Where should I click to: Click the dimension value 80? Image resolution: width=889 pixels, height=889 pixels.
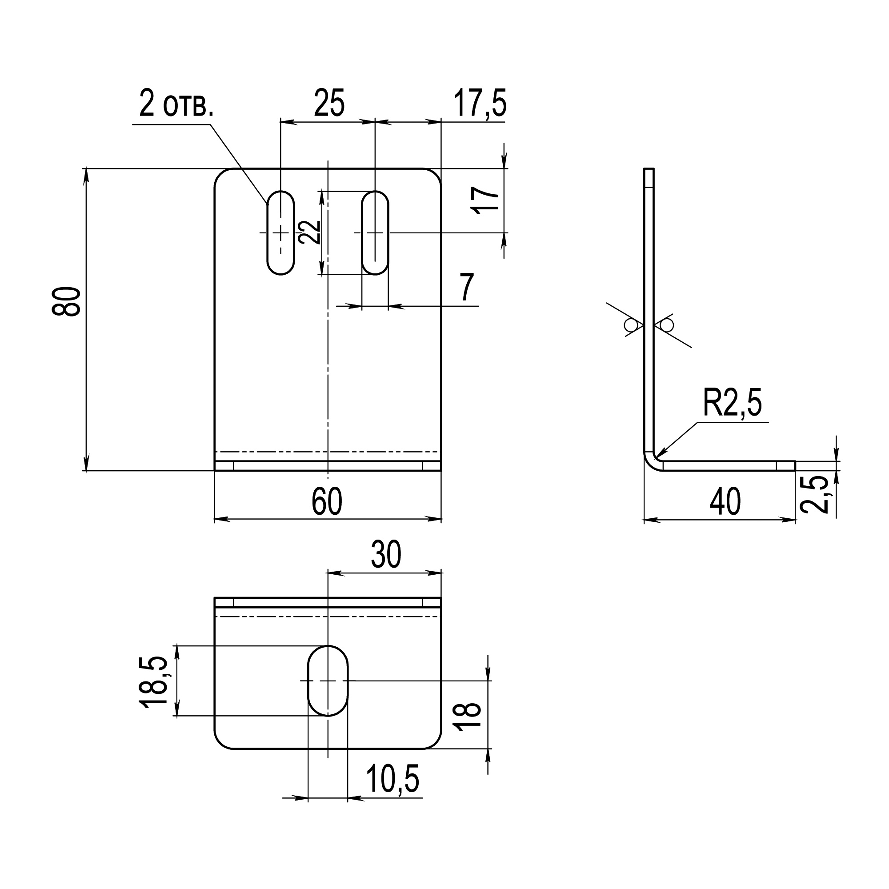coord(67,301)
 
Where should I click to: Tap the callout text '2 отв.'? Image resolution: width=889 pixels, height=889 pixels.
coord(176,105)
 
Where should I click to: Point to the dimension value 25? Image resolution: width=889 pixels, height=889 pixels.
coord(329,104)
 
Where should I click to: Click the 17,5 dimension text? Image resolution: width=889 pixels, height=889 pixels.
coord(480,104)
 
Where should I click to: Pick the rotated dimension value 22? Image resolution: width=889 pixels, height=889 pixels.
coord(309,232)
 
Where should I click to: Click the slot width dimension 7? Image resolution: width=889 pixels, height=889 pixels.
coord(467,288)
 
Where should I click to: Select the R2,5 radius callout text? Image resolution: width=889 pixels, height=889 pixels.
coord(732,404)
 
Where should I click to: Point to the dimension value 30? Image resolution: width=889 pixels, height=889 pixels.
coord(387,555)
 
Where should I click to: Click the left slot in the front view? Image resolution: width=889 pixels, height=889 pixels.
coord(280,233)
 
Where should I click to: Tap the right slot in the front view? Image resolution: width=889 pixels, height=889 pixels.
coord(375,233)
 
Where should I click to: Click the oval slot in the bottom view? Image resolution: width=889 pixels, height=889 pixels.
coord(328,681)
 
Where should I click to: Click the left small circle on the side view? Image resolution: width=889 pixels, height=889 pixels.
coord(630,325)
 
